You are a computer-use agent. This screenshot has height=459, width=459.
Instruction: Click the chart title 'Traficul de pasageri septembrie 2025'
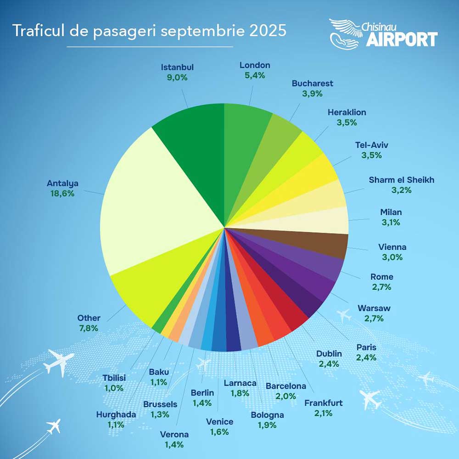click(149, 31)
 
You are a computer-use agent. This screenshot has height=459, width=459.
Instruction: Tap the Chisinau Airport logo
click(383, 33)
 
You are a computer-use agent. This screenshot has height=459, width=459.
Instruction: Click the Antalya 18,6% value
click(62, 193)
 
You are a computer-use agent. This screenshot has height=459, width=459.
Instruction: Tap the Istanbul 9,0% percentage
click(177, 78)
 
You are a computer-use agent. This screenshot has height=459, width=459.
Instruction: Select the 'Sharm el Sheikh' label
click(401, 180)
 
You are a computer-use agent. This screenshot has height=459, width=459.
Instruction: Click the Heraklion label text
click(347, 112)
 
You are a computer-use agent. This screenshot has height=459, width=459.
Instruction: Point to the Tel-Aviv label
click(371, 145)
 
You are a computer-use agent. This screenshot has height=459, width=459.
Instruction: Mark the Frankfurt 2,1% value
click(323, 414)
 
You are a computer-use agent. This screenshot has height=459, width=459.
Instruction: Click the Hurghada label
click(116, 414)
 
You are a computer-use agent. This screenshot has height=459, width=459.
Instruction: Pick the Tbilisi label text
click(114, 378)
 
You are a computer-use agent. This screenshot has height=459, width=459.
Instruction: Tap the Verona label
click(174, 434)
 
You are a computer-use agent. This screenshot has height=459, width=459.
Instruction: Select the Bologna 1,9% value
click(267, 425)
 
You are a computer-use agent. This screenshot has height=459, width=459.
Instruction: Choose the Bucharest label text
click(312, 84)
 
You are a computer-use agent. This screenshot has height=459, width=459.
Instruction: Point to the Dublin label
click(329, 353)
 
